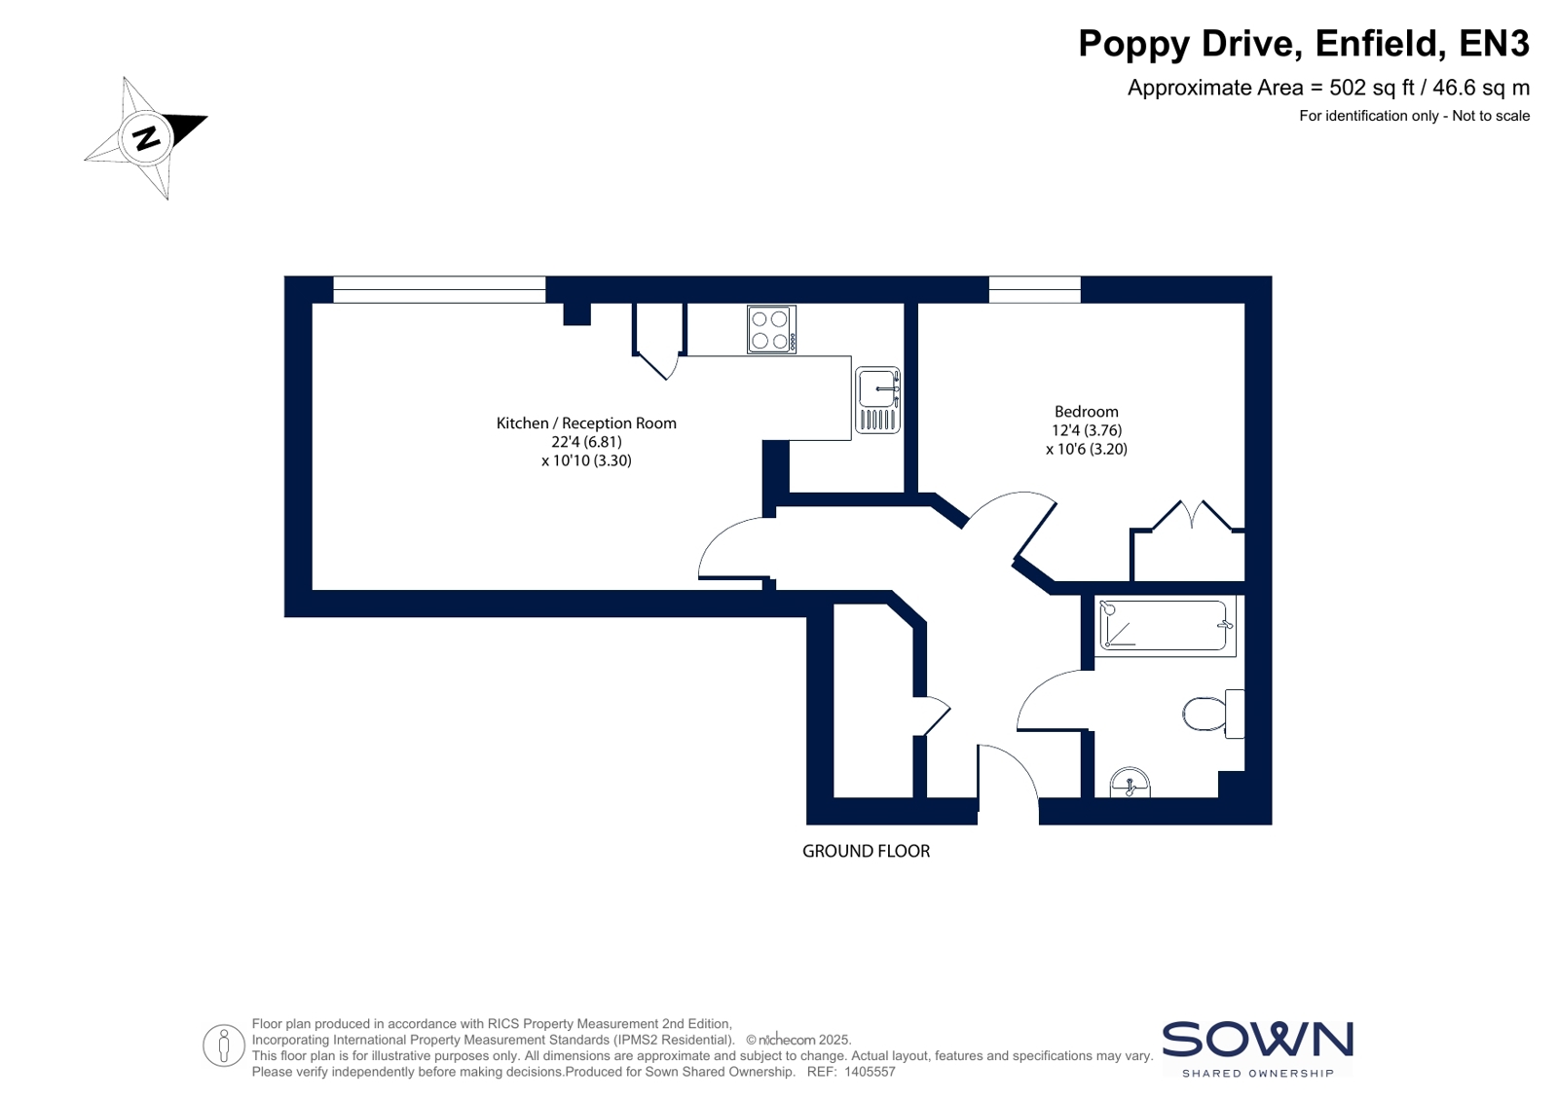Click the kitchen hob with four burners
click(771, 329)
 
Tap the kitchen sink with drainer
click(877, 400)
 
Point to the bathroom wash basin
click(1130, 782)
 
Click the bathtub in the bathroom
click(1165, 626)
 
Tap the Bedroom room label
click(1087, 412)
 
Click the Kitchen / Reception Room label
click(586, 423)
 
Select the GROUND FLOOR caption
click(866, 852)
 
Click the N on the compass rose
click(146, 138)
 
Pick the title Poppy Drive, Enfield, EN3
click(1304, 44)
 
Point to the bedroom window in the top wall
click(1034, 289)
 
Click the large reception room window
click(439, 289)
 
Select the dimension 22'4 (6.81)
click(586, 442)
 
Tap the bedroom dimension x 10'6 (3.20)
click(1087, 450)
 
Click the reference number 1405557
click(870, 1072)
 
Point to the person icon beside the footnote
click(224, 1046)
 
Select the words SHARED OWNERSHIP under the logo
click(1258, 1073)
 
